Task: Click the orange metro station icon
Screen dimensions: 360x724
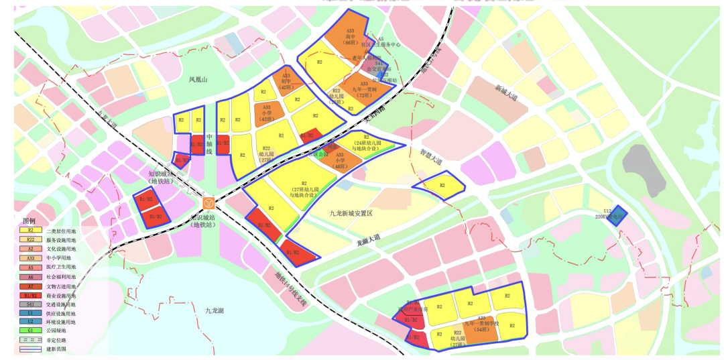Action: click(209, 202)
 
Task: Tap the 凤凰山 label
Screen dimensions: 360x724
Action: click(198, 80)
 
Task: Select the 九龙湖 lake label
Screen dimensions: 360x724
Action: click(215, 310)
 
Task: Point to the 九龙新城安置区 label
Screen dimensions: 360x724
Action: click(355, 213)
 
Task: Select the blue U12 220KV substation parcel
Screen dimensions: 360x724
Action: click(617, 215)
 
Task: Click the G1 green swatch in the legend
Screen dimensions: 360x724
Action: click(30, 330)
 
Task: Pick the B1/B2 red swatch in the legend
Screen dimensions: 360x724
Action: click(30, 294)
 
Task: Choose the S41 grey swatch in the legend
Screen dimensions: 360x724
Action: click(30, 304)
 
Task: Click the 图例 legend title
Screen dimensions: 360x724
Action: click(29, 221)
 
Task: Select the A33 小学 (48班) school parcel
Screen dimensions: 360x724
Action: click(339, 158)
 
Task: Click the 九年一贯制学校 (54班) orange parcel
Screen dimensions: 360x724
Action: click(483, 326)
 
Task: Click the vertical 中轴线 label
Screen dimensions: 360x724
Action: click(208, 142)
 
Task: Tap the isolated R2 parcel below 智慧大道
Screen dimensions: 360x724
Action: click(441, 184)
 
